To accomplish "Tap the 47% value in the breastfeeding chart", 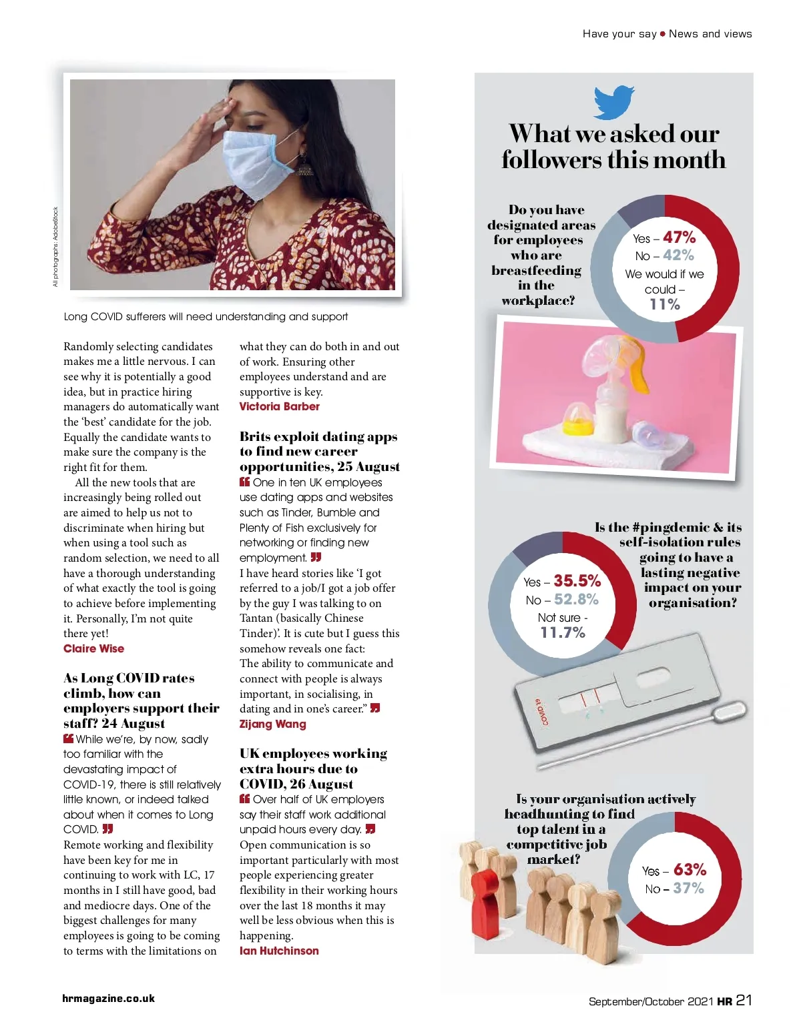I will coord(680,237).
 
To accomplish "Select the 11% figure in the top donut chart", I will coord(665,305).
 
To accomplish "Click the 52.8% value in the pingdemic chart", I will coord(576,600).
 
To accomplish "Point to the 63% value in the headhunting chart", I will coord(690,870).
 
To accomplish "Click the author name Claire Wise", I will coord(93,648).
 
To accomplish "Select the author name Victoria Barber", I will coord(279,406).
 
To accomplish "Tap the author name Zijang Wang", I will coord(272,724).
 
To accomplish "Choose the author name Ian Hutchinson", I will coord(279,951).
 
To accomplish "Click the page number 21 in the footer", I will coord(744,1000).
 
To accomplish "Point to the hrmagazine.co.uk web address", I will coord(108,999).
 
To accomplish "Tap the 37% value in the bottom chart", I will coord(688,889).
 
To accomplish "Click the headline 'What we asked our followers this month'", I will coord(613,147).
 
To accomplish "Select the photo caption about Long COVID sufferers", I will coord(206,317).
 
